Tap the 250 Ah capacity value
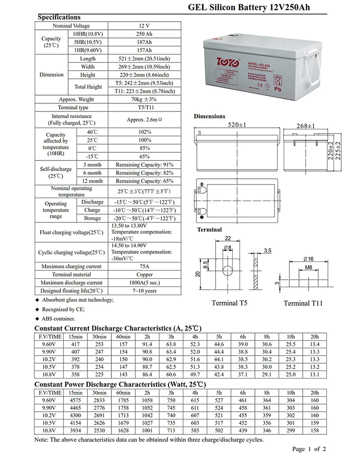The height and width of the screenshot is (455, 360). point(145,34)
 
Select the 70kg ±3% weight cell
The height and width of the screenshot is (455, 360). point(145,99)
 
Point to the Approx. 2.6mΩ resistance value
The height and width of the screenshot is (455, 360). point(145,120)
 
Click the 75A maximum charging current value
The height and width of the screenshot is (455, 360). point(145,266)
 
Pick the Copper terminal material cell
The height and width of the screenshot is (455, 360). point(145,274)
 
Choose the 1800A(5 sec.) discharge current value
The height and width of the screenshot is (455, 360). point(145,283)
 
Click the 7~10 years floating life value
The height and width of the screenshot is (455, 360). point(145,291)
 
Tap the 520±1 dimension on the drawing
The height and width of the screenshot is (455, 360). point(237,125)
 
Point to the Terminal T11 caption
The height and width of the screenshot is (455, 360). point(303,303)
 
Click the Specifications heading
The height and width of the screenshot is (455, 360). point(59,17)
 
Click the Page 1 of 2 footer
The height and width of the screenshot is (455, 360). point(309,449)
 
